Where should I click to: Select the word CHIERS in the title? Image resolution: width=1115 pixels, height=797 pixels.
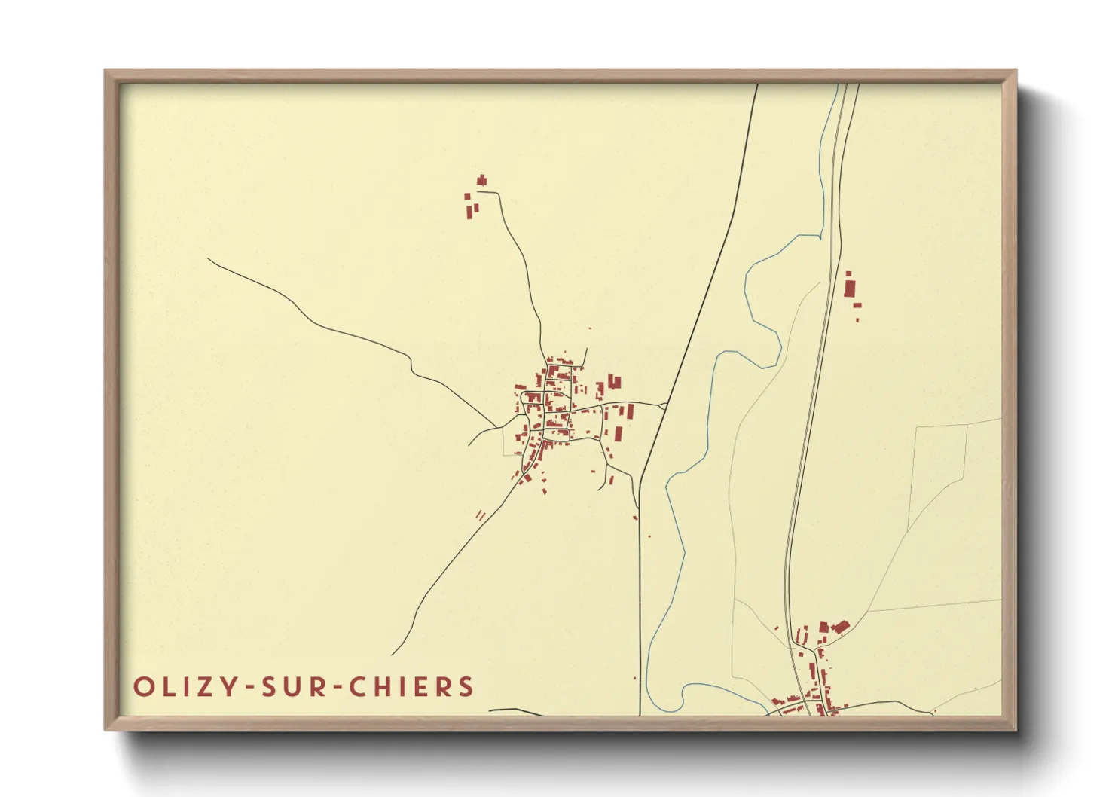[x=412, y=687]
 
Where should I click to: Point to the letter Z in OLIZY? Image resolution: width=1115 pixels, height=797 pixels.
[x=200, y=687]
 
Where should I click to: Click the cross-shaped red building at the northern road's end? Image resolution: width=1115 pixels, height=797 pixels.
[x=482, y=180]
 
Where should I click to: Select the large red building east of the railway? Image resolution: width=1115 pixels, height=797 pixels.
[x=851, y=289]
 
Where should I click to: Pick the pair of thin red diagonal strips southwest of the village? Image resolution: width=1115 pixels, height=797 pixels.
[x=481, y=515]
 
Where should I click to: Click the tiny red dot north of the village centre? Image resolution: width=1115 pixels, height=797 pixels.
[x=590, y=328]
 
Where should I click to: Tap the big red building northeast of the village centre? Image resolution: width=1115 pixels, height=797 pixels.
[x=614, y=382]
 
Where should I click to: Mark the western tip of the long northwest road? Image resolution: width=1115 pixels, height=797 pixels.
[x=209, y=259]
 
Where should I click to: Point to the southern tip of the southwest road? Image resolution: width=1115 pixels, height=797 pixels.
[x=393, y=655]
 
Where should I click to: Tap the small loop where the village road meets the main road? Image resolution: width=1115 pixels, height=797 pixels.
[x=663, y=406]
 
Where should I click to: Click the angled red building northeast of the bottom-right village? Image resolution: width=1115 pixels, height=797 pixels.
[x=839, y=627]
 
